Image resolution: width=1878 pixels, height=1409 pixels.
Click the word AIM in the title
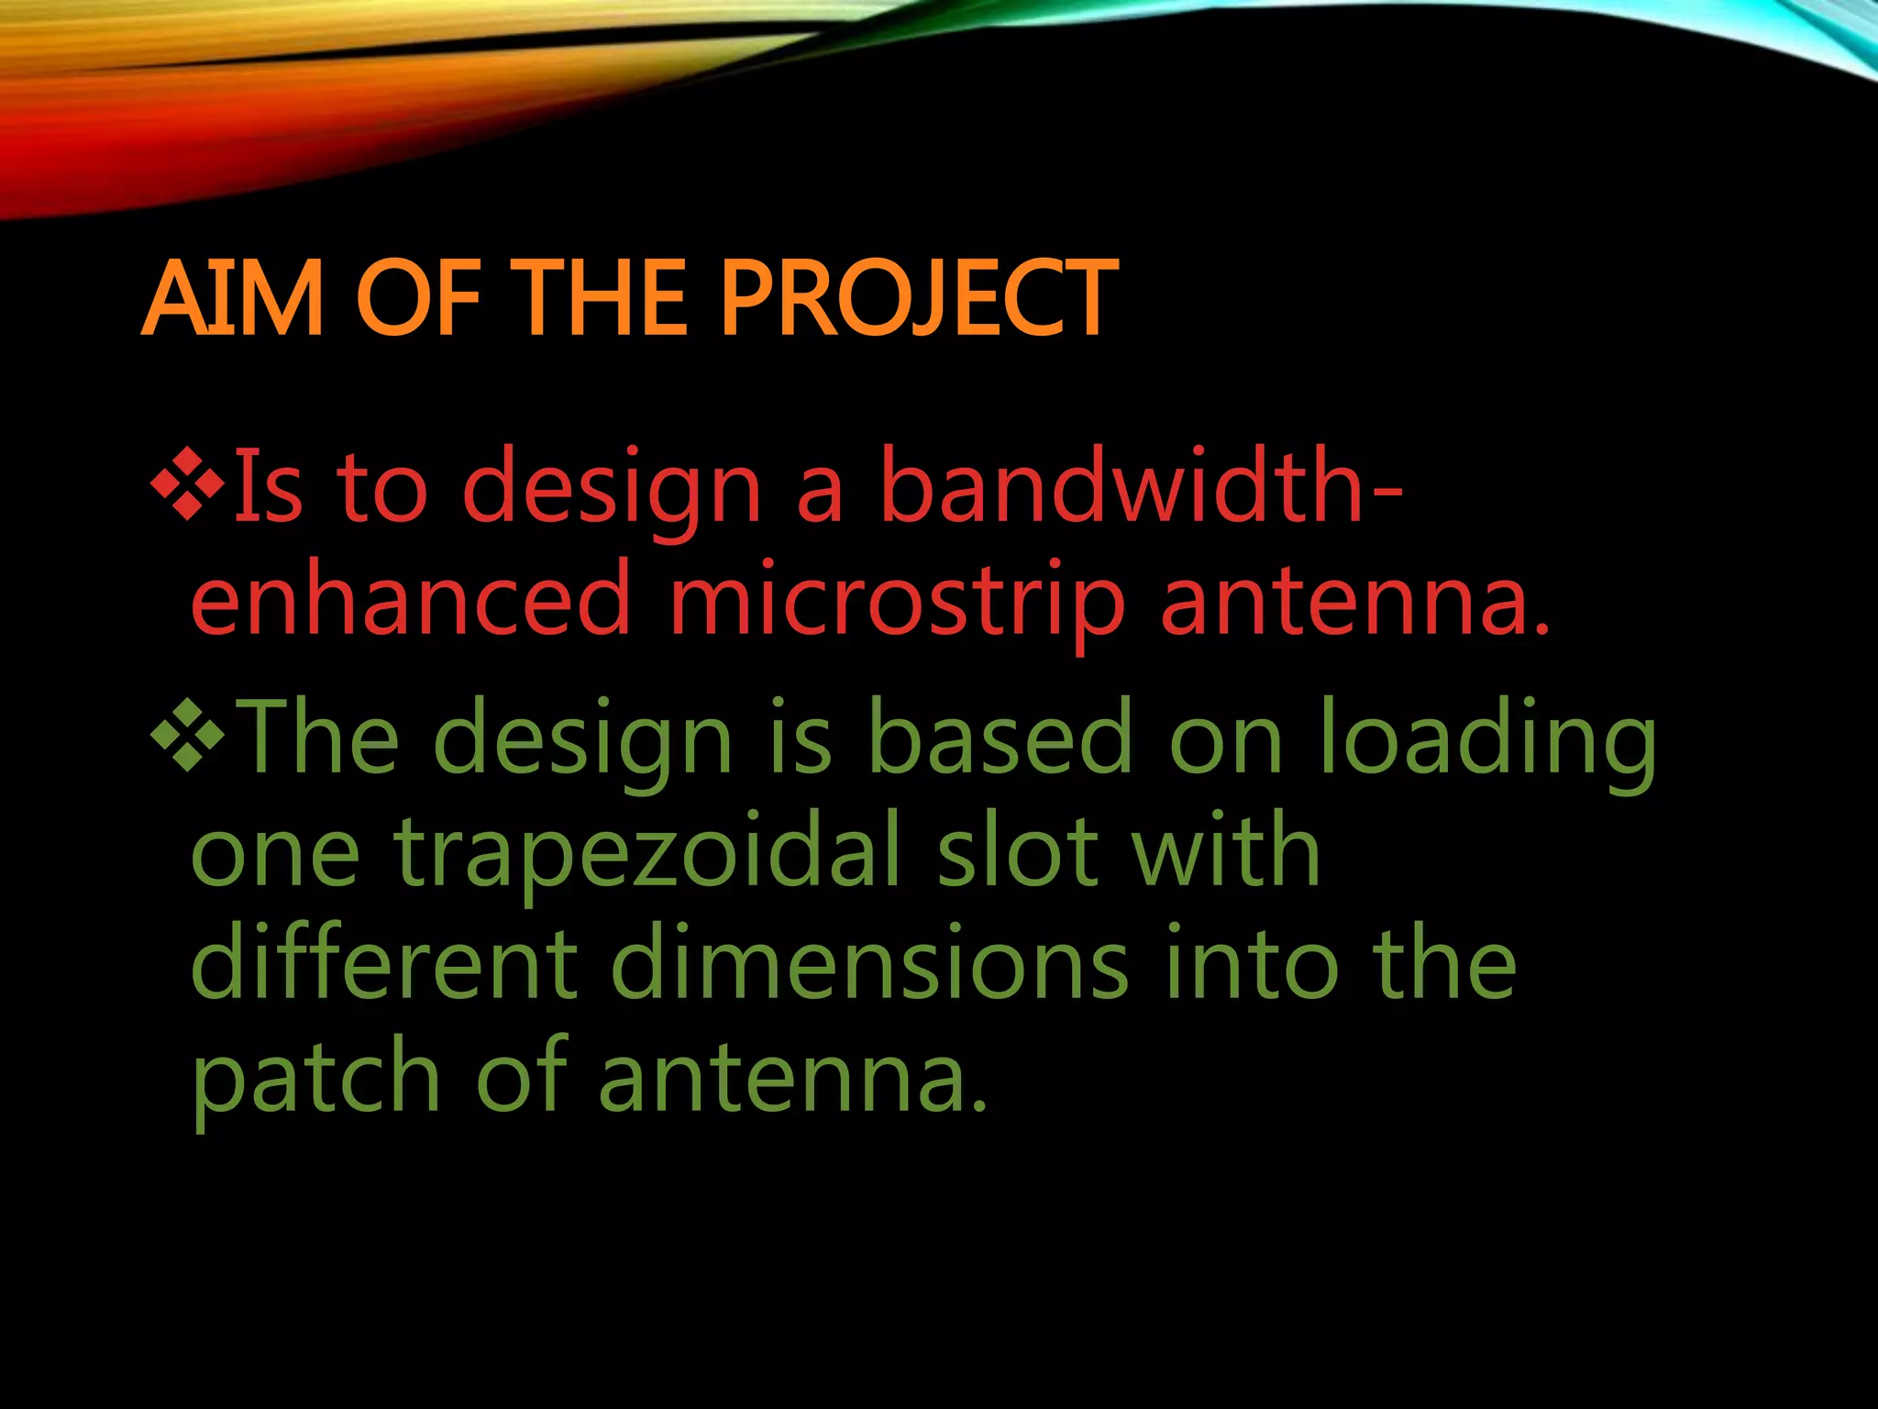point(233,299)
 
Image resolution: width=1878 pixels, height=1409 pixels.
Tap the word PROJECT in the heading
point(918,299)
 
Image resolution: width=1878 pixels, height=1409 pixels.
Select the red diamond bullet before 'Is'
point(188,483)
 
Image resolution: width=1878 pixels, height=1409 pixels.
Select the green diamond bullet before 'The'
point(188,734)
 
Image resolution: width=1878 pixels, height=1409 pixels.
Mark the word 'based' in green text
point(1000,739)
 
